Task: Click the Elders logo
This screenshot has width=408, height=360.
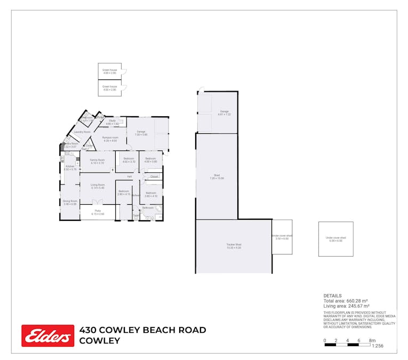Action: tap(47, 335)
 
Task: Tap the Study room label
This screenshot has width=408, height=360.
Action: tap(112, 122)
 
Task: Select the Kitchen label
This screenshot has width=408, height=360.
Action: tap(70, 167)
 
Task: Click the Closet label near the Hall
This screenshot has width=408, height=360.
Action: tap(154, 177)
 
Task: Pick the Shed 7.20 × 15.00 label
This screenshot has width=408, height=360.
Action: tap(217, 177)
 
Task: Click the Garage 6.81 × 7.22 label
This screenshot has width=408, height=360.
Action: tap(224, 113)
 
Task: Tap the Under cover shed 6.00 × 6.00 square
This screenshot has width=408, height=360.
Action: tap(335, 239)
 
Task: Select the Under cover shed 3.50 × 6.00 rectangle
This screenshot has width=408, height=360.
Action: tap(282, 237)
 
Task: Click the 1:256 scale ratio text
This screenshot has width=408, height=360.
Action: tap(378, 346)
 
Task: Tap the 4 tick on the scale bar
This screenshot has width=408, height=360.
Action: tap(347, 340)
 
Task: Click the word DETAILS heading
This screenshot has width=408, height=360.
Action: tap(332, 295)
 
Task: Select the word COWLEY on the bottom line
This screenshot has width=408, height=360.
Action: tap(99, 341)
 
